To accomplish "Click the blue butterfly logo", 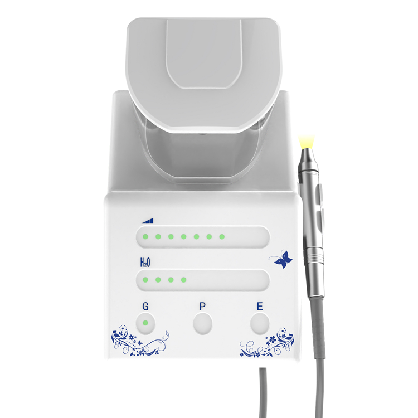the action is click(283, 259).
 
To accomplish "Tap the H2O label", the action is click(145, 263).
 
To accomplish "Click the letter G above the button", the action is click(145, 307).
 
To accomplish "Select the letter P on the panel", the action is click(203, 307).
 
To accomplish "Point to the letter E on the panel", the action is click(260, 307).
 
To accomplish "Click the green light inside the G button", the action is click(145, 323).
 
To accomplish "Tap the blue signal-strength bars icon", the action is click(148, 221).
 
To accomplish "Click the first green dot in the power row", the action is click(145, 236).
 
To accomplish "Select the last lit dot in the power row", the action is click(222, 236).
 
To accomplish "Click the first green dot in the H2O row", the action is click(145, 280).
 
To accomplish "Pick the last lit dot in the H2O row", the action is click(183, 280).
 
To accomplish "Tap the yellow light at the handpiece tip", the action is click(307, 142).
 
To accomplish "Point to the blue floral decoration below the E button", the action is click(267, 343).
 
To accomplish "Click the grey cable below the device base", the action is click(263, 392).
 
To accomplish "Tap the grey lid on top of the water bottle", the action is click(203, 75).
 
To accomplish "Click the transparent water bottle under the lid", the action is click(203, 154).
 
